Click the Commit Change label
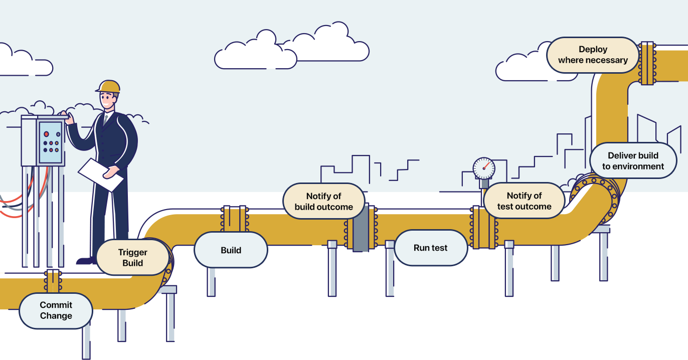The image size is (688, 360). [x=56, y=310]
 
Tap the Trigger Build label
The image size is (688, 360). [x=132, y=257]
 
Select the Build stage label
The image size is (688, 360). [x=231, y=250]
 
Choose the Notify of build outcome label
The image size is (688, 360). [x=323, y=201]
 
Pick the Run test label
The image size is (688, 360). [x=430, y=248]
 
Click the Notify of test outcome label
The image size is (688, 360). [x=524, y=201]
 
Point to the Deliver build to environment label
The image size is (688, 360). [x=633, y=160]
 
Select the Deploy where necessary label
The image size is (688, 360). [x=593, y=55]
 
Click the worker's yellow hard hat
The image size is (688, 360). [x=109, y=87]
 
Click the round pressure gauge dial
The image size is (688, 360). [x=484, y=168]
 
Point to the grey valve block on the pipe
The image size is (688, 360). [x=361, y=228]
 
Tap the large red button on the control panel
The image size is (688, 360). [x=46, y=134]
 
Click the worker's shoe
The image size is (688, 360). [x=86, y=261]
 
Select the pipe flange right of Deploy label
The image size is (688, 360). [x=647, y=63]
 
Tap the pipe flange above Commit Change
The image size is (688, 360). [x=52, y=281]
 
